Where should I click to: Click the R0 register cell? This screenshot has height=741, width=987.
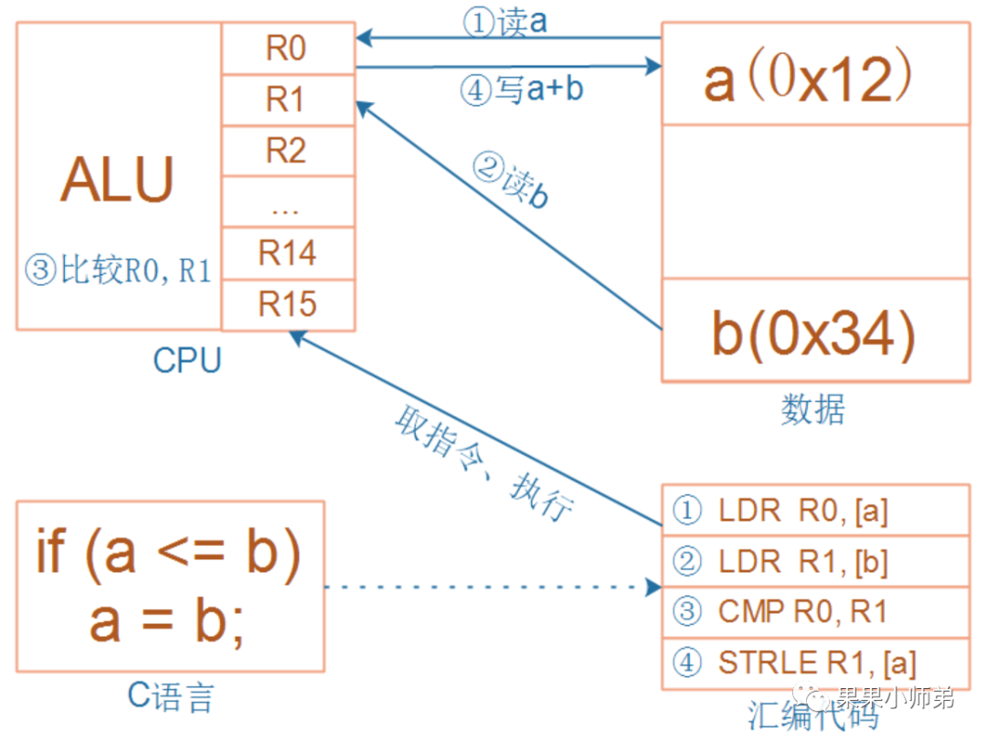(287, 49)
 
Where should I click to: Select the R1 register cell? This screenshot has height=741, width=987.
(287, 101)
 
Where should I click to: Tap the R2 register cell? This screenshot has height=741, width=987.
(287, 151)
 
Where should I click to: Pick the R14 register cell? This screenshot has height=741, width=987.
(287, 253)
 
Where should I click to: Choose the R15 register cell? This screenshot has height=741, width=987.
(287, 304)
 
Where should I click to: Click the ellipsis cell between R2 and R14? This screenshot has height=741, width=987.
(287, 203)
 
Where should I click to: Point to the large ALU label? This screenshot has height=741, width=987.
(117, 181)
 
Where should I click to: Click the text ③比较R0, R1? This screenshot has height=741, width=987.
(118, 271)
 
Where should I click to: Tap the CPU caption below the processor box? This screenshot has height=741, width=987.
(186, 361)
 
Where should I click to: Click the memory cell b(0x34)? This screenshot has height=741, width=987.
(814, 334)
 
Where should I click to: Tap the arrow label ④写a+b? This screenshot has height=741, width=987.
(521, 90)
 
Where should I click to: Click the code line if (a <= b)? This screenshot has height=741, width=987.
(169, 554)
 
